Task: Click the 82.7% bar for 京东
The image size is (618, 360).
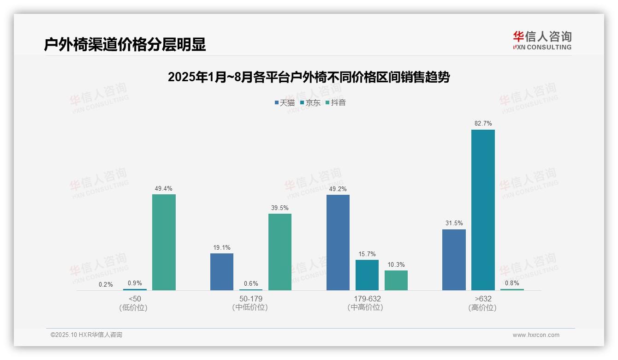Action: (483, 210)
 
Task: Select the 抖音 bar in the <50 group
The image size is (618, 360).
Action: (164, 242)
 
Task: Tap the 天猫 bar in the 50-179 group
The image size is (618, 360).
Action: (222, 272)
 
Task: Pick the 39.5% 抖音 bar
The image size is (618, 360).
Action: (280, 252)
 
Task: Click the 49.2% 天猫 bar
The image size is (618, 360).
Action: (338, 242)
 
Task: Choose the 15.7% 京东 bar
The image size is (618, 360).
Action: (367, 275)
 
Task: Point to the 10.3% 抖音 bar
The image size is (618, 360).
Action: (396, 280)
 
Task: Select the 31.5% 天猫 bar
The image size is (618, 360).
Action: (454, 260)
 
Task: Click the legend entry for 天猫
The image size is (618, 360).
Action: (285, 102)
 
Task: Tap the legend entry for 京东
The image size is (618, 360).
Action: (310, 102)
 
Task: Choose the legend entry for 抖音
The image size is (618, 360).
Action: (336, 102)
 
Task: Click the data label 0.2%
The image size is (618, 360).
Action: (106, 284)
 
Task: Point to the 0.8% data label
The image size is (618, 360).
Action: (512, 283)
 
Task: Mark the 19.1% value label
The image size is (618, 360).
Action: (222, 247)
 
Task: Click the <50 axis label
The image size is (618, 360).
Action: (135, 299)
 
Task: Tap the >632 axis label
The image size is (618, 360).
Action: (483, 299)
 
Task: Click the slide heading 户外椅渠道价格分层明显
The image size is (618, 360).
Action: (125, 44)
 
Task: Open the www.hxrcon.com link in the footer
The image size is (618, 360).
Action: (536, 335)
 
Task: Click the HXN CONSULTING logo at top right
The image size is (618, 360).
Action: (542, 40)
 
